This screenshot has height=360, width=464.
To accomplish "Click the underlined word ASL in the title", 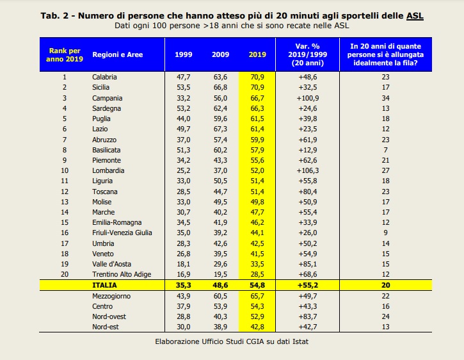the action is pos(415,16).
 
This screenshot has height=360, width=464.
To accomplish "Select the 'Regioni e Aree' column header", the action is pos(118,54).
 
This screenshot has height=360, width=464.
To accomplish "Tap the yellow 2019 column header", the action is pos(257,54).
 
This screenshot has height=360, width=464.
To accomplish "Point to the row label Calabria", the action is pos(104,77).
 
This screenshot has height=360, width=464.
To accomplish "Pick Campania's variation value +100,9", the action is pos(307,98).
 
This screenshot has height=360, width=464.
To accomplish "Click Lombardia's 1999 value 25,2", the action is pos(184,170).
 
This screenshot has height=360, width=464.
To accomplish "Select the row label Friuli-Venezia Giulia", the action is pos(122,233).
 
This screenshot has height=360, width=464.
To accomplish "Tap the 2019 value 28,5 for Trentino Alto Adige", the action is pos(257,274).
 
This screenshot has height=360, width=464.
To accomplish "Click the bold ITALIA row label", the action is pos(104,285).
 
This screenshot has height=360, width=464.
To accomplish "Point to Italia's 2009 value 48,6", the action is pos(220,285).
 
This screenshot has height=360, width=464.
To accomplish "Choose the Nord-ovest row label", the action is pos(109,316).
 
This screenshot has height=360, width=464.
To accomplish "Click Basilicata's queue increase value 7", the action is pos(385,150).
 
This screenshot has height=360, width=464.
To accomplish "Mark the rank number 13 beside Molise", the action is pos(65,202).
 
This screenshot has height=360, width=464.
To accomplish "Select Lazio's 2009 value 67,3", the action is pos(220,129).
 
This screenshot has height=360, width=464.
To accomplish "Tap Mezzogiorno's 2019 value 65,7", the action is pos(257,296).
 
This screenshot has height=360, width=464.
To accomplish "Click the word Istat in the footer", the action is pos(300,341).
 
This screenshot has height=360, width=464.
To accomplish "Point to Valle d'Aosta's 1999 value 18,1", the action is pos(184,264).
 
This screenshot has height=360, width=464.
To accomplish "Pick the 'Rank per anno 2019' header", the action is pos(65,55).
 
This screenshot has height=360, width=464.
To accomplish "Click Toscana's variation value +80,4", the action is pos(307,192).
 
